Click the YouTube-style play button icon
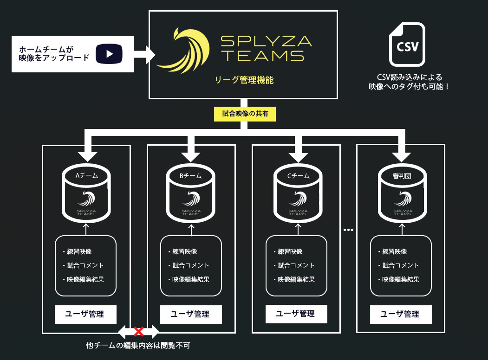109,54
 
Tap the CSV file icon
407,45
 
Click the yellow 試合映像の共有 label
245,114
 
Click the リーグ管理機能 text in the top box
244,80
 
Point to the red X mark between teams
138,331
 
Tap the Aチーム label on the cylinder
86,176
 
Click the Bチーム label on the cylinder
191,176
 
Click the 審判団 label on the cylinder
402,176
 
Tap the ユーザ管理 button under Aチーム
85,314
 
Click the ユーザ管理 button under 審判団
401,314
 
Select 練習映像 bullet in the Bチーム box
184,251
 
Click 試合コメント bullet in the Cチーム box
296,265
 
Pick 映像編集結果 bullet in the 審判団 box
401,279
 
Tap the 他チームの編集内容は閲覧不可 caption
138,346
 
